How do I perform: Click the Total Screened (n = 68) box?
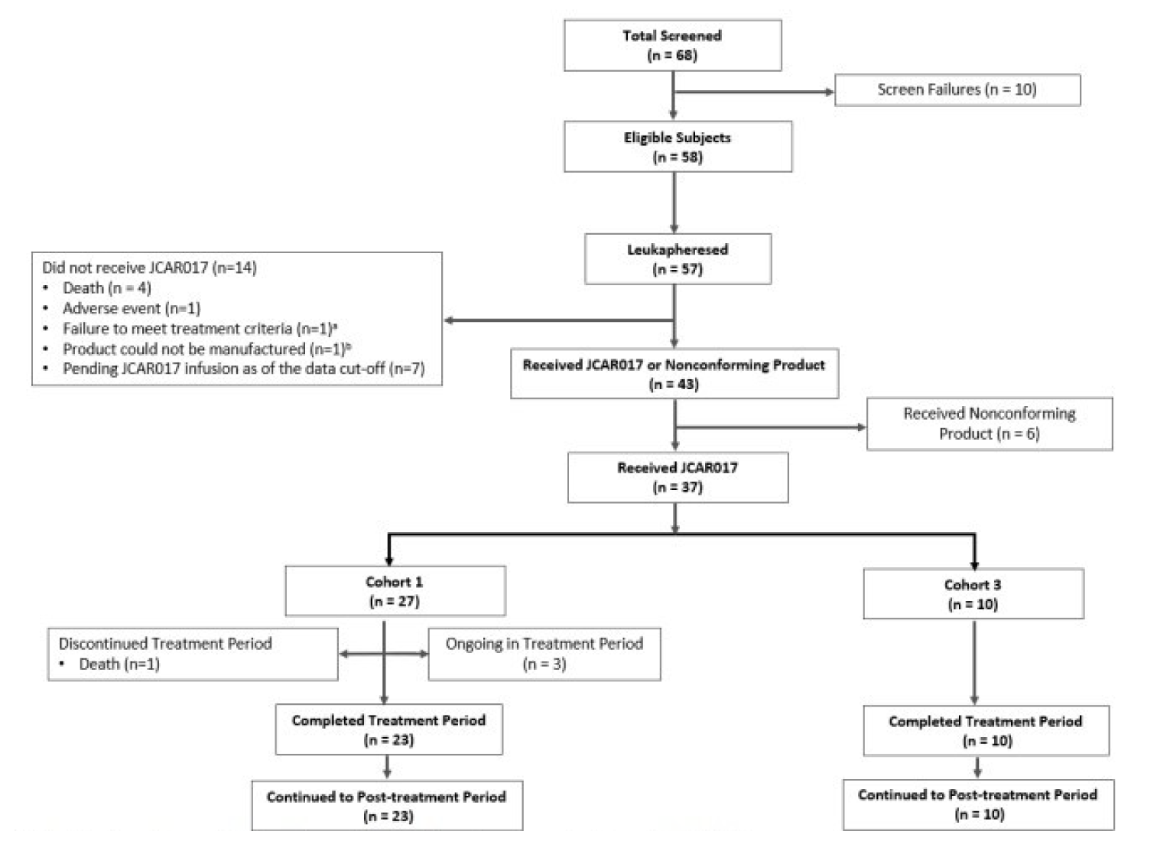[672, 46]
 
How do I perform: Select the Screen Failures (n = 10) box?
[957, 90]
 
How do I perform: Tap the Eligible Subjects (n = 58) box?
[678, 147]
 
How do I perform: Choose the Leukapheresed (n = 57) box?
[678, 259]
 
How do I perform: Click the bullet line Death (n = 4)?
[106, 288]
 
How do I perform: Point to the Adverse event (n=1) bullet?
[131, 309]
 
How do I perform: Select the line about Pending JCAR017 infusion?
[243, 369]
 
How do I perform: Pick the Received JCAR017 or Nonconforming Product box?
[674, 374]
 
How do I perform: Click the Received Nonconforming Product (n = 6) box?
[989, 424]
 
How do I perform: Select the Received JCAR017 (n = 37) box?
[678, 477]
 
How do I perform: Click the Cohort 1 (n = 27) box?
[395, 591]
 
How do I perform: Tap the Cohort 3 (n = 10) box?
[973, 594]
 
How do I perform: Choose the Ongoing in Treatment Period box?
[544, 654]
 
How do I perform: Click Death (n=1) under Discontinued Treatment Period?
[119, 664]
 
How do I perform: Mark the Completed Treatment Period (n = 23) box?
[388, 729]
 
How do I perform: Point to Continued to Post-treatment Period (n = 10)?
[978, 804]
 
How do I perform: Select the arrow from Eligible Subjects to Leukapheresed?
[674, 203]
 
